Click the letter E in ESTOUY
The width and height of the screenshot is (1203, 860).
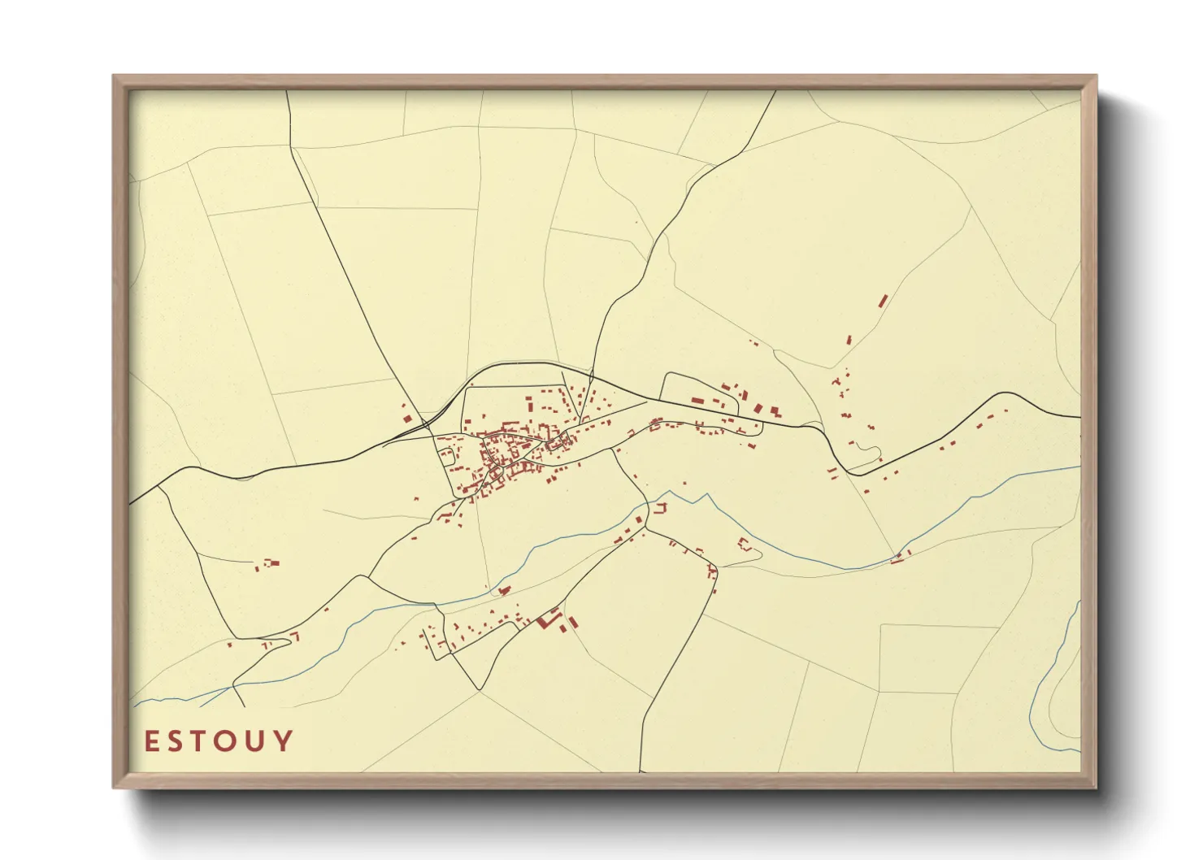152,741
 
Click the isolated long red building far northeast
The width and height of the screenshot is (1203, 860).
883,301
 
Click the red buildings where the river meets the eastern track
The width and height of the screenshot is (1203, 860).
898,558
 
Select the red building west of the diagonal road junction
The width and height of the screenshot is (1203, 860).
407,419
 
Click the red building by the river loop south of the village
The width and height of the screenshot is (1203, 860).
504,589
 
